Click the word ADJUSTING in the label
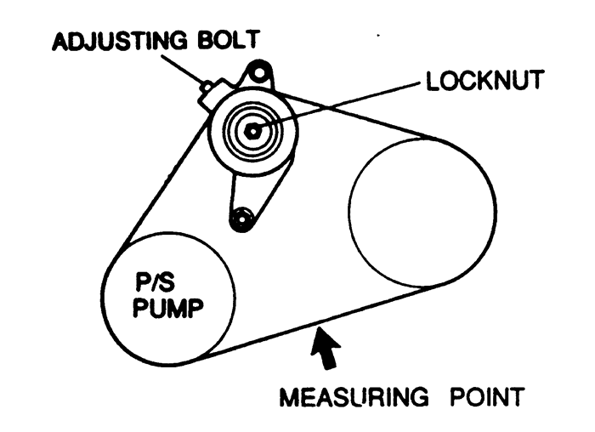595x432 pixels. pos(120,40)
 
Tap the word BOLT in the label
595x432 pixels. pos(229,39)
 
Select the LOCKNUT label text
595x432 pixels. pos(485,81)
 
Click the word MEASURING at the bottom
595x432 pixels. pos(354,396)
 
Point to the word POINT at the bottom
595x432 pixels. pos(487,396)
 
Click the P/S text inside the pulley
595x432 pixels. pos(156,282)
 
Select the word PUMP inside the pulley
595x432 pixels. pos(167,308)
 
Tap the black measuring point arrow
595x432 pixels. pos(325,347)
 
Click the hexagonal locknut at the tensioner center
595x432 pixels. pos(252,131)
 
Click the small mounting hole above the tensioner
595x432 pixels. pos(258,72)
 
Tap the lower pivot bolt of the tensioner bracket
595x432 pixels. pos(241,219)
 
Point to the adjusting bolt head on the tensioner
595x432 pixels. pos(206,88)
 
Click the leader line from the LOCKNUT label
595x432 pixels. pos(337,106)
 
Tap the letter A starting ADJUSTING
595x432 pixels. pos(60,41)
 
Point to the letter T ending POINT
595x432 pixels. pos(517,397)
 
